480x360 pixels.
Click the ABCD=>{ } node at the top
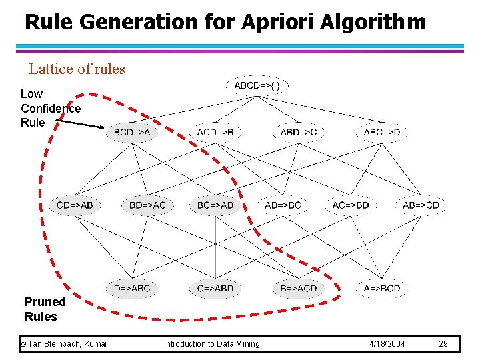(261, 85)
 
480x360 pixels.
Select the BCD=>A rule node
(132, 132)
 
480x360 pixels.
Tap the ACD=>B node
(215, 132)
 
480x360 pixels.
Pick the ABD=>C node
(299, 132)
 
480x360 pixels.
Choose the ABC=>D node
(382, 132)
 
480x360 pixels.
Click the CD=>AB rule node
(75, 205)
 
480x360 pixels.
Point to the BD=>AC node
(147, 205)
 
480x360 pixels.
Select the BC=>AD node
(215, 205)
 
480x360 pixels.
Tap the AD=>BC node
(283, 205)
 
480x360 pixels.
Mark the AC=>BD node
(351, 205)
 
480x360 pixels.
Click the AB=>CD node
(421, 205)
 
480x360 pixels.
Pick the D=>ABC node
(132, 288)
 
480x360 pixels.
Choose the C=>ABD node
(215, 288)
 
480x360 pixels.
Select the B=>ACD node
(299, 288)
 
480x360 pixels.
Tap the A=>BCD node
(382, 288)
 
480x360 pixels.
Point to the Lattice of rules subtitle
(77, 69)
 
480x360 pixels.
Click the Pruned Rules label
(44, 309)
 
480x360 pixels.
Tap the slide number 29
(444, 343)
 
